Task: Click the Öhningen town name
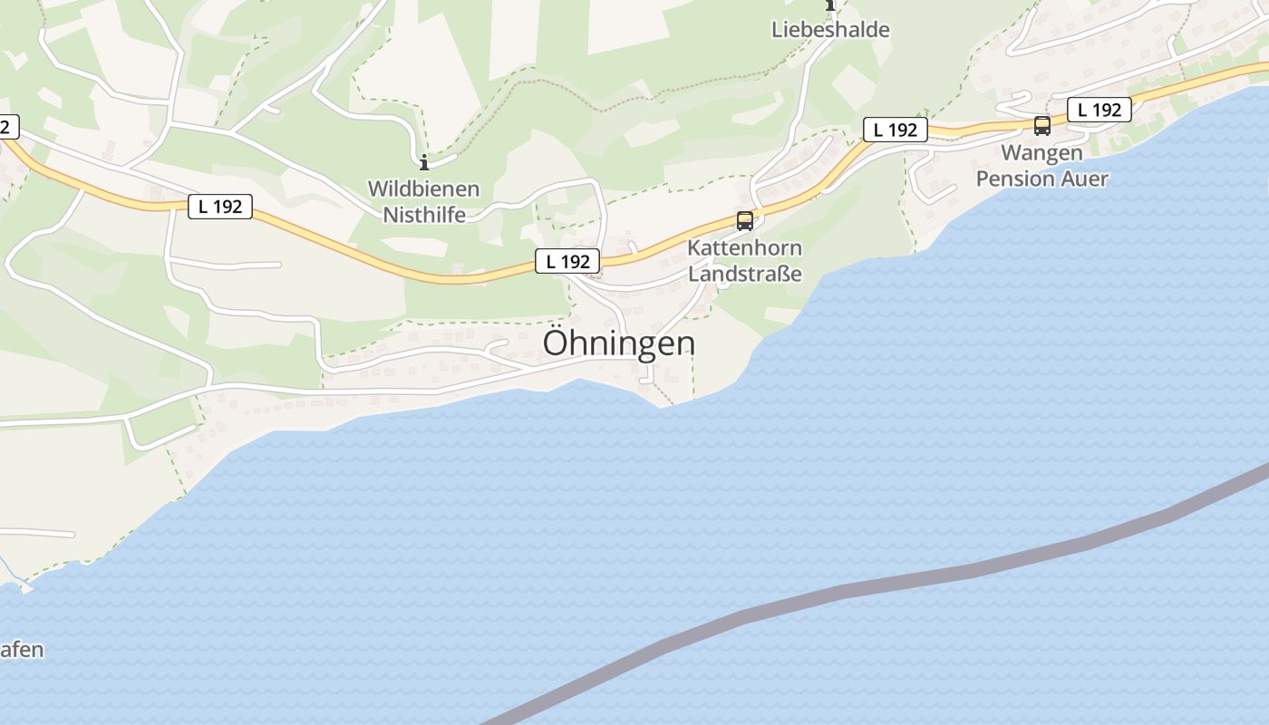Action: [x=619, y=343]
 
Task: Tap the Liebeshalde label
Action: [x=830, y=29]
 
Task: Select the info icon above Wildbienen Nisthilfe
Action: [x=423, y=163]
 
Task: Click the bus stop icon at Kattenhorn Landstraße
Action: [x=744, y=220]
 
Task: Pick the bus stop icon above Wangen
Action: [x=1041, y=126]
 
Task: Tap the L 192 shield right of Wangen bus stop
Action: [x=1099, y=110]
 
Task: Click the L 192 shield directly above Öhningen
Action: [x=567, y=261]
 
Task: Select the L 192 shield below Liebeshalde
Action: [x=895, y=130]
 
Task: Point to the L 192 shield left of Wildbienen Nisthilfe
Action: [x=220, y=206]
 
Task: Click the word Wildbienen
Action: [x=423, y=189]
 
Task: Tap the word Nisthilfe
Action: [x=424, y=215]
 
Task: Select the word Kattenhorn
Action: [x=744, y=247]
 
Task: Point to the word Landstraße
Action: [x=745, y=273]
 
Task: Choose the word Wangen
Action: [x=1041, y=153]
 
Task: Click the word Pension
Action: [x=1012, y=178]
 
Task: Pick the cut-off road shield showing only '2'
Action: [x=7, y=127]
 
